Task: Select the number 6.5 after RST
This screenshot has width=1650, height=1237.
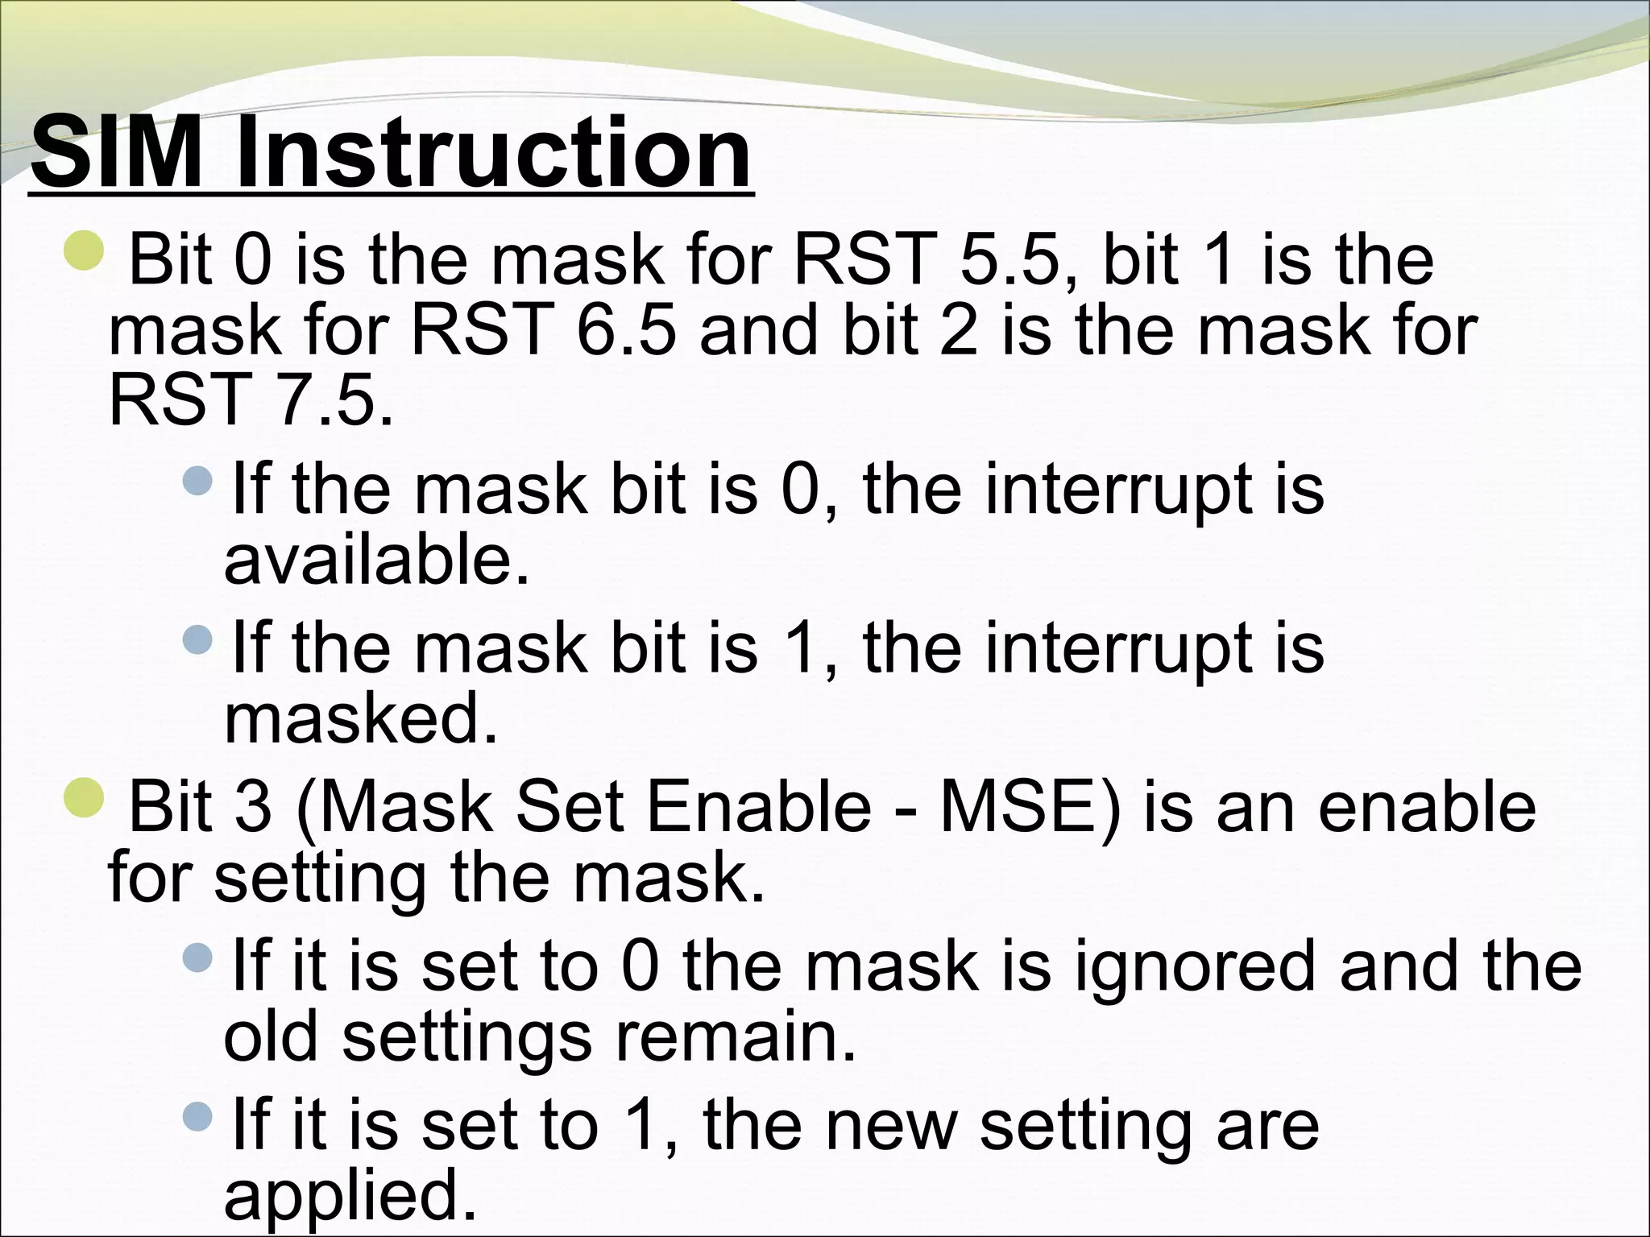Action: (x=625, y=331)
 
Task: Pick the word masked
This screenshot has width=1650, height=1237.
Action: (x=360, y=718)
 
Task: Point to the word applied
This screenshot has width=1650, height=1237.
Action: (x=350, y=1195)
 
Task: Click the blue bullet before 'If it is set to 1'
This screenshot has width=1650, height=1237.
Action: (x=197, y=1115)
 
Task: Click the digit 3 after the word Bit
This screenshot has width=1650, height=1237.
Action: (x=253, y=808)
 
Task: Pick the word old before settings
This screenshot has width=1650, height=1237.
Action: (x=271, y=1037)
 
